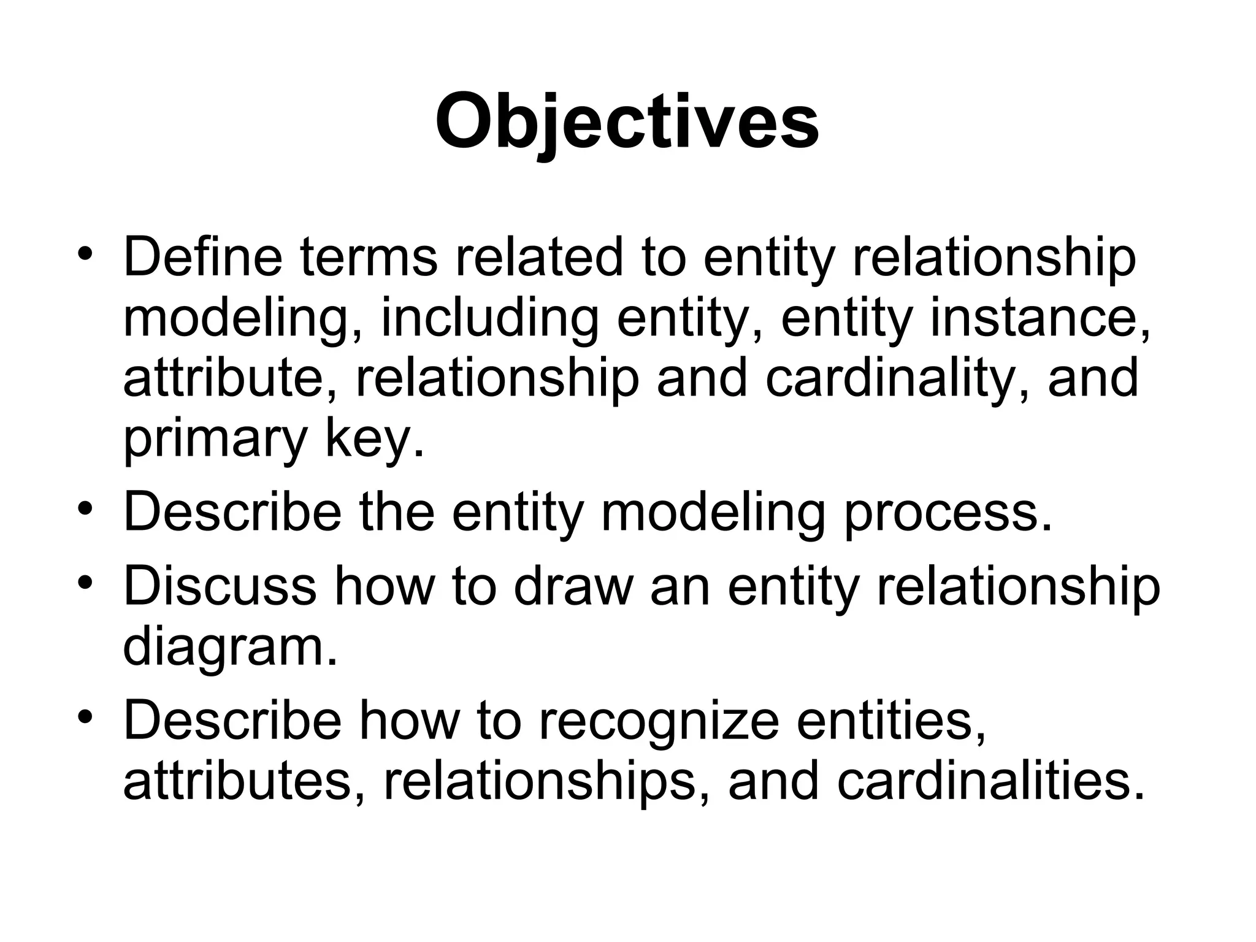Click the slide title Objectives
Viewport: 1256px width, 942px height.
coord(627,121)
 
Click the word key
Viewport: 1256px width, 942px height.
coord(374,439)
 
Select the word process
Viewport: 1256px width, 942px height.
coord(948,514)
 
